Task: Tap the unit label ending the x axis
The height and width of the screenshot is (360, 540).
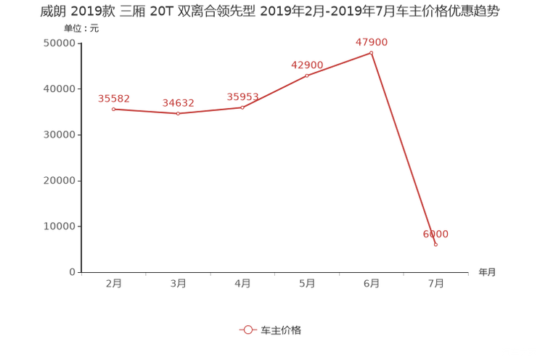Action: [x=487, y=273]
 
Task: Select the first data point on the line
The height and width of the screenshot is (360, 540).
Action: [x=113, y=110]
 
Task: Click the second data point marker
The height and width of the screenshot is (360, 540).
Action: [x=178, y=114]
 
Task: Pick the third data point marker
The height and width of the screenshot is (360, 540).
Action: [x=243, y=107]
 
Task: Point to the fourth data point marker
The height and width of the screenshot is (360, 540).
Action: [x=307, y=74]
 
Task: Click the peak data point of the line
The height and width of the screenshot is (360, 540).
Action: [x=371, y=52]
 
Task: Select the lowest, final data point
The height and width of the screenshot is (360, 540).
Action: [x=435, y=245]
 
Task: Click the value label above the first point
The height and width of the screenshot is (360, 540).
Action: [x=113, y=99]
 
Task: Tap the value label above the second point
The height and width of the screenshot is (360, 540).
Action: [x=178, y=103]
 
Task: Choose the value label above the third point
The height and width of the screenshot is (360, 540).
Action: [x=243, y=97]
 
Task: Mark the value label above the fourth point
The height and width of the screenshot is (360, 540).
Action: [x=307, y=65]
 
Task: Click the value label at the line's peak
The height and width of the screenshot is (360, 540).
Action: [x=371, y=42]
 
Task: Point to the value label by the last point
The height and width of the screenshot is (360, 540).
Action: [x=435, y=234]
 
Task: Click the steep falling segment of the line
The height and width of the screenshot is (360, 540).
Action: [x=404, y=149]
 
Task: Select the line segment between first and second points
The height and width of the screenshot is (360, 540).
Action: [x=145, y=112]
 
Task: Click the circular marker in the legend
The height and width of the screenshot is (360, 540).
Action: [x=248, y=330]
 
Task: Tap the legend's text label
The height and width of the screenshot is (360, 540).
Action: [x=280, y=330]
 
